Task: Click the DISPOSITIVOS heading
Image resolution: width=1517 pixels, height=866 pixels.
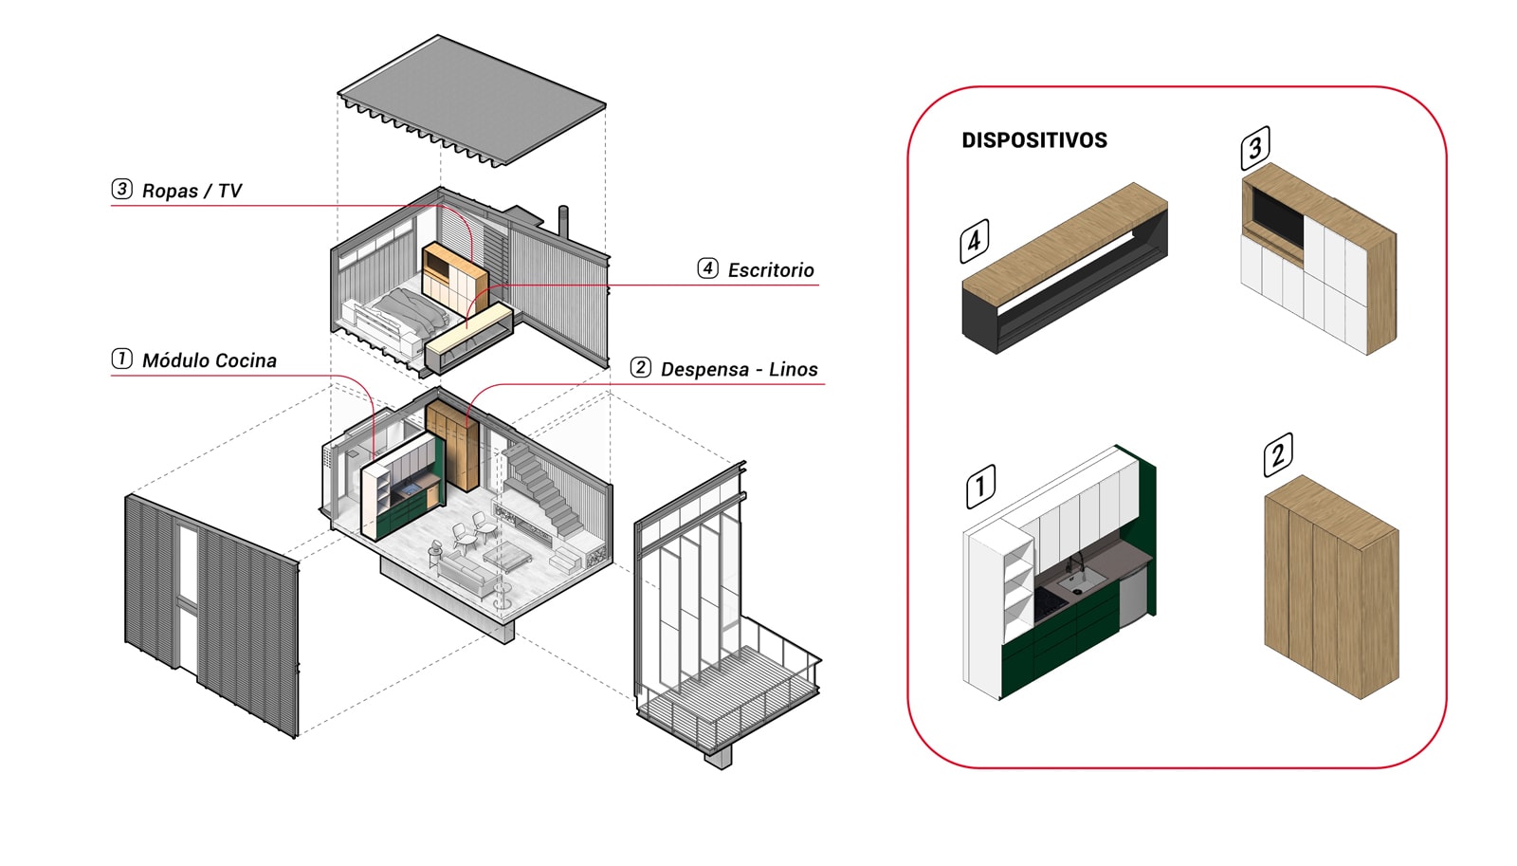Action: point(1033,140)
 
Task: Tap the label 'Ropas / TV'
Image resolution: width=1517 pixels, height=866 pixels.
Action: point(192,191)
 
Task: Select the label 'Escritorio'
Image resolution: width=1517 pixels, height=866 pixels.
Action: point(770,270)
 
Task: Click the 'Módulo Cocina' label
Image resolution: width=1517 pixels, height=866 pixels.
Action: point(209,360)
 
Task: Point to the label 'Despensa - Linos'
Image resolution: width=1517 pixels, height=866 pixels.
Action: point(739,369)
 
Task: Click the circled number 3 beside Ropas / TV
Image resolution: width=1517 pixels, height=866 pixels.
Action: point(122,189)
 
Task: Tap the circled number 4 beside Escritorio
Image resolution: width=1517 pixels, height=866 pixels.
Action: point(707,268)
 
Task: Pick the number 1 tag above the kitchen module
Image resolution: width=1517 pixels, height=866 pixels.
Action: point(980,486)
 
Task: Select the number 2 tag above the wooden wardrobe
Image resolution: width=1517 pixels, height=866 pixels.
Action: point(1277,454)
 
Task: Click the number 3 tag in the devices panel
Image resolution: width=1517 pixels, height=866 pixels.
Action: point(1255,148)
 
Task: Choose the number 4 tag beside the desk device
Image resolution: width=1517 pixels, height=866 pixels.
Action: point(974,241)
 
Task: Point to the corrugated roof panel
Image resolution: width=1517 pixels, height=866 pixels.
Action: point(471,100)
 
